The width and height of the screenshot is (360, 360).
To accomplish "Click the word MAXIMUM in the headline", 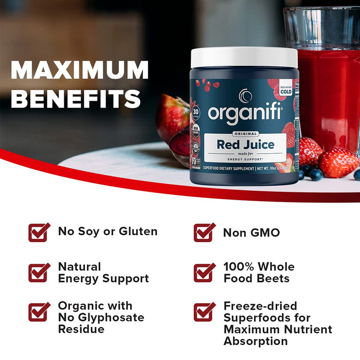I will pyautogui.click(x=79, y=70).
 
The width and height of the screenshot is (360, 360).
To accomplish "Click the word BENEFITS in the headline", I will pyautogui.click(x=76, y=98).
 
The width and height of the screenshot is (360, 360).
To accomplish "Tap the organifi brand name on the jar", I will pyautogui.click(x=245, y=112).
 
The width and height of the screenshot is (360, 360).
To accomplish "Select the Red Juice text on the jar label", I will pyautogui.click(x=245, y=145).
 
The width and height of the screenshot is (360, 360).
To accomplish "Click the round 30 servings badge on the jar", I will pyautogui.click(x=195, y=112).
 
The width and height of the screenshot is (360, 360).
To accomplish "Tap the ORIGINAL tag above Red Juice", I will pyautogui.click(x=244, y=133).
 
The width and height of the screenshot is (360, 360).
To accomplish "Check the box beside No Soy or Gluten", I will pyautogui.click(x=39, y=232).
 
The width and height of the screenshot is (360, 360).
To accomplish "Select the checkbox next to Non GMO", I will pyautogui.click(x=204, y=232).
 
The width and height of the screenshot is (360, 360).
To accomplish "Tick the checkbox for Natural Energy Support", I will pyautogui.click(x=39, y=272).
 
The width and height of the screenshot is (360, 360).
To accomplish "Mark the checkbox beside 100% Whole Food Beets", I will pyautogui.click(x=204, y=272).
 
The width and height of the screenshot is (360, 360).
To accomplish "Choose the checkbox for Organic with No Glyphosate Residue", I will pyautogui.click(x=39, y=312).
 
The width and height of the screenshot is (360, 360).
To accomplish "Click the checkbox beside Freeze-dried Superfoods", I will pyautogui.click(x=204, y=312).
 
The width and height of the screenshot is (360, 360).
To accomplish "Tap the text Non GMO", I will pyautogui.click(x=251, y=232).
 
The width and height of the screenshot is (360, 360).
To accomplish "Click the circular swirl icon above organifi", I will pyautogui.click(x=245, y=96).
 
